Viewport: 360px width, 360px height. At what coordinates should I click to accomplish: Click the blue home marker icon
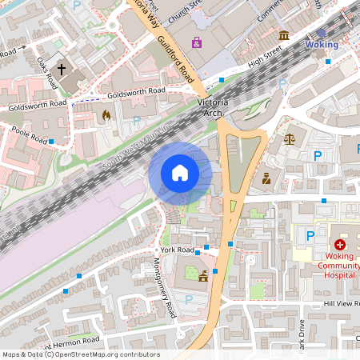pyautogui.click(x=180, y=173)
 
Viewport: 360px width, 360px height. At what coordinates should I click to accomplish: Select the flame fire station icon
pyautogui.click(x=105, y=115)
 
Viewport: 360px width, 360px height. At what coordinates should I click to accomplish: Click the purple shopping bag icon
pyautogui.click(x=197, y=42)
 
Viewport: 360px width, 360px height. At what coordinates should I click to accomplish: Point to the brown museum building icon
pyautogui.click(x=284, y=35)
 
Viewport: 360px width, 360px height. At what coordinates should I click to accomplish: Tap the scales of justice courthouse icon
pyautogui.click(x=289, y=138)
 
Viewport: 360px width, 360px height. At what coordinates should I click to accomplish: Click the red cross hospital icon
pyautogui.click(x=339, y=243)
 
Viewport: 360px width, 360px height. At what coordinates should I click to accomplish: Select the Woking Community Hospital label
pyautogui.click(x=339, y=266)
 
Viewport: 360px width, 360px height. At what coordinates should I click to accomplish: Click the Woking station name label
pyautogui.click(x=322, y=45)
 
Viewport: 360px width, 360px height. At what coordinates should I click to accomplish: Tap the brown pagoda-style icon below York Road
pyautogui.click(x=203, y=276)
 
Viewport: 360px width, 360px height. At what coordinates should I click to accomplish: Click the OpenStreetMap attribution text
pyautogui.click(x=80, y=354)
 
